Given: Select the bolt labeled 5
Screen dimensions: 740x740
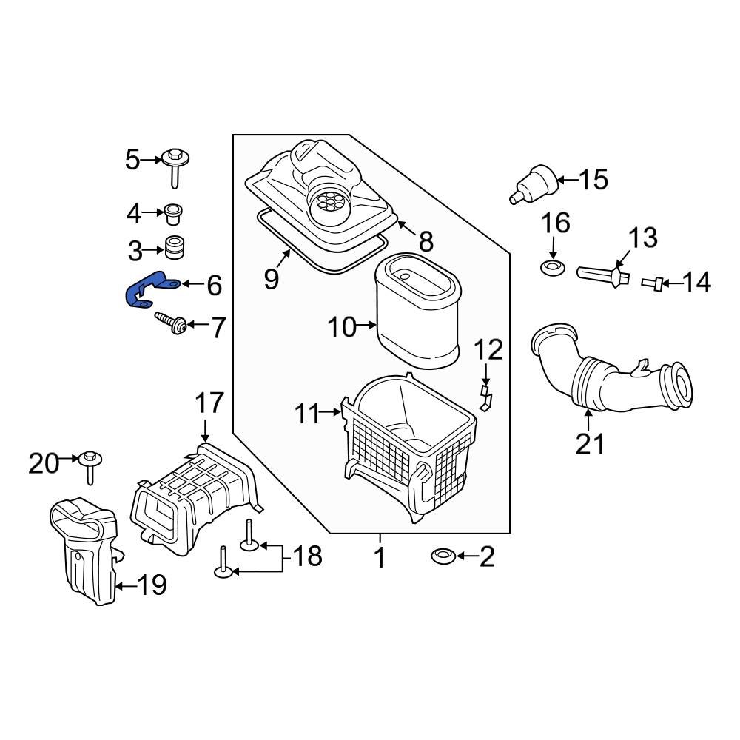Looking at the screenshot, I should pos(175,166).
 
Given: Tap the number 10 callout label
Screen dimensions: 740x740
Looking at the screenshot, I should pos(343,326).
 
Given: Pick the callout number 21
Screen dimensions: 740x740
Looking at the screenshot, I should pos(591,444).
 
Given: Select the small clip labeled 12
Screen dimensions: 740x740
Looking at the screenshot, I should pos(485,395).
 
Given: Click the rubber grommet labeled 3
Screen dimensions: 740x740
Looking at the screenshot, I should pos(175,248).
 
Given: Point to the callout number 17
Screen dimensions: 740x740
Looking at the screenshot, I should pos(208,404).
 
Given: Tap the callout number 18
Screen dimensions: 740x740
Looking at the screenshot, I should pos(305,556).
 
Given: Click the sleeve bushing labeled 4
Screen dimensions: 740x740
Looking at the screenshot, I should pos(175,214).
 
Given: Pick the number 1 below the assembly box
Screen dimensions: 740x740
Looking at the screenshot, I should pos(379,557).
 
